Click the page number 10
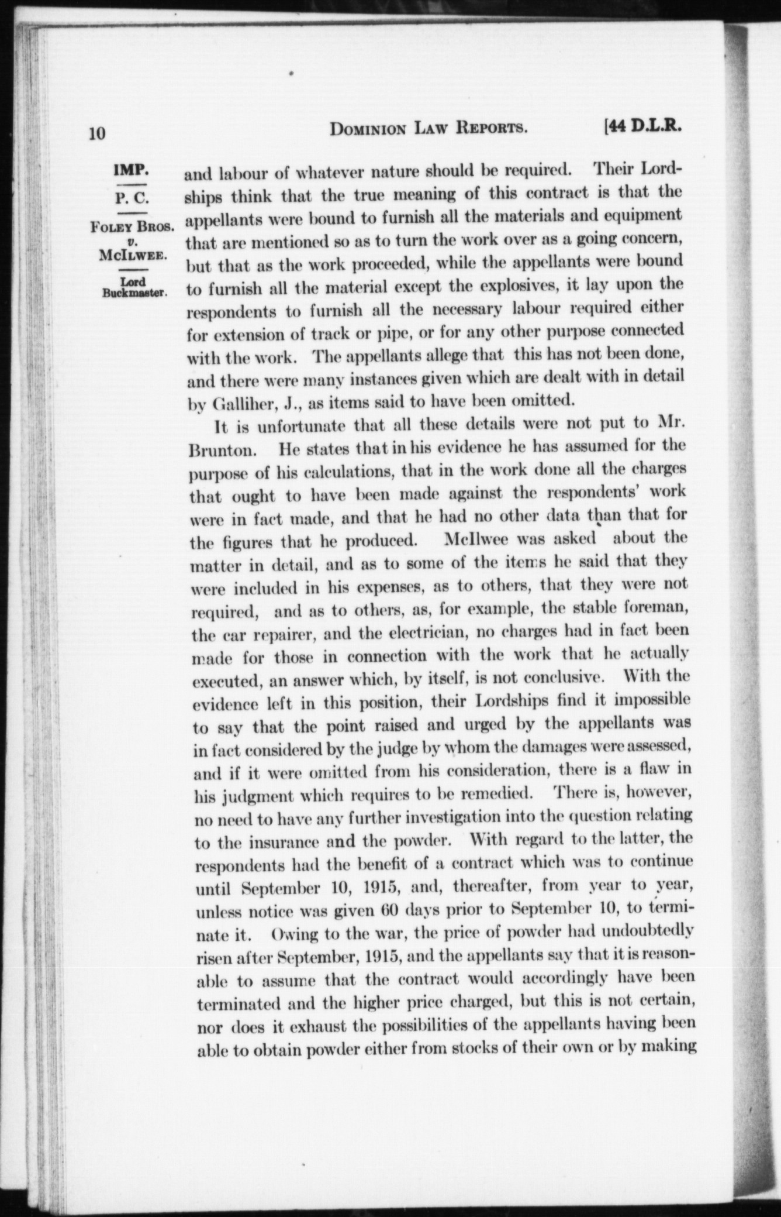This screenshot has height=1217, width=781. [97, 133]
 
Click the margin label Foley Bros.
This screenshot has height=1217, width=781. [133, 227]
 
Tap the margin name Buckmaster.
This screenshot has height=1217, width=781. [134, 293]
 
